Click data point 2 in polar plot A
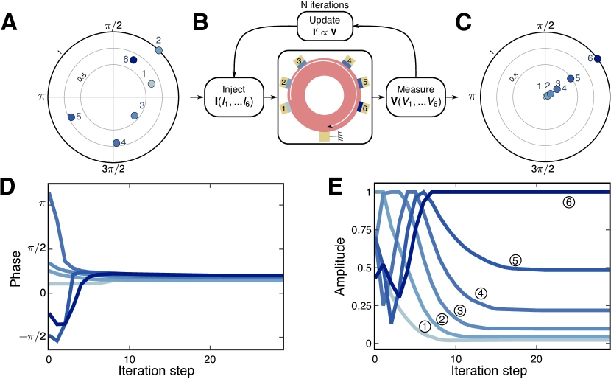click(x=160, y=49)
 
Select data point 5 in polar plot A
click(x=71, y=117)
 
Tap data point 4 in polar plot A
click(x=116, y=142)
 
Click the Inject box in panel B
click(x=233, y=96)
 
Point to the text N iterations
click(x=325, y=6)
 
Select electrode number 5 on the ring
click(x=366, y=82)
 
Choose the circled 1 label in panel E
click(x=425, y=325)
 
